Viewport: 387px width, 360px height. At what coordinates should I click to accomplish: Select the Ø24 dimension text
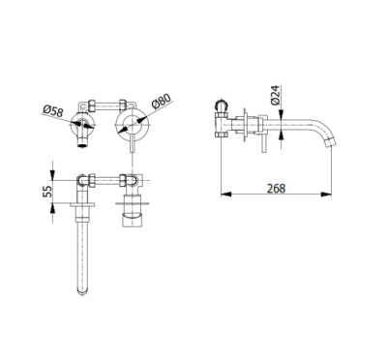(276, 94)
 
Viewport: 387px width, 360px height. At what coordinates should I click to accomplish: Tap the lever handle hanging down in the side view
(257, 140)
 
